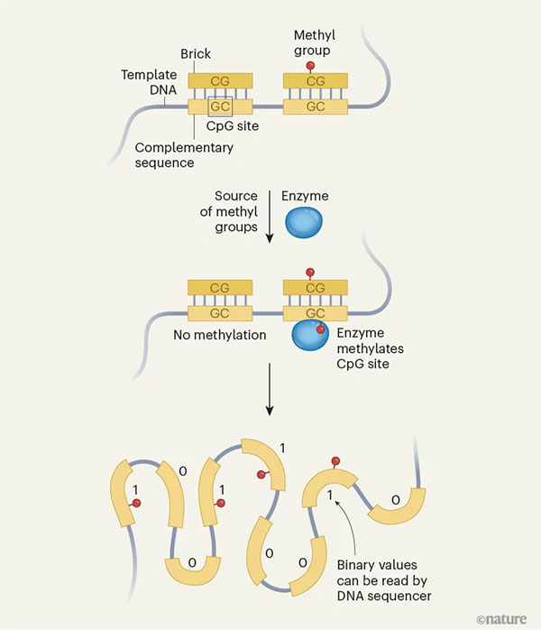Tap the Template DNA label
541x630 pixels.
click(148, 87)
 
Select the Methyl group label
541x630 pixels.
click(314, 42)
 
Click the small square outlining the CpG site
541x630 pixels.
click(219, 107)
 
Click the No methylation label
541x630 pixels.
click(220, 335)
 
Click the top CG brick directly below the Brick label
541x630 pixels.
click(219, 81)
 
